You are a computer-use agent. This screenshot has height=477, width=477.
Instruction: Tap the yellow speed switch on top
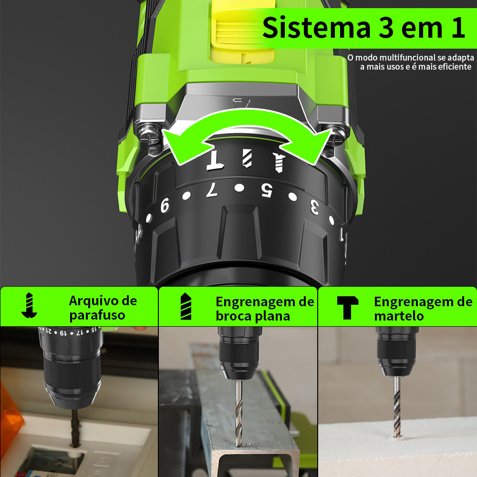(x=242, y=31)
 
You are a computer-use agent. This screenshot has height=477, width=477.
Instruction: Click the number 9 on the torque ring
(x=165, y=205)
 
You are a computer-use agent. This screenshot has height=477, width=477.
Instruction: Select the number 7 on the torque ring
(x=212, y=189)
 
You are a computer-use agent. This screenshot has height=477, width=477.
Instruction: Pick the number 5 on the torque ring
(x=267, y=190)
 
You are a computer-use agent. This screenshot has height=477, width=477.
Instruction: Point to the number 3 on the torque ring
(x=314, y=207)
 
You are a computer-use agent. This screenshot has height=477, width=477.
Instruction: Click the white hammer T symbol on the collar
(x=216, y=160)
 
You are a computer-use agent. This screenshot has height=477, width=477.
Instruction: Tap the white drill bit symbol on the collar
(x=247, y=158)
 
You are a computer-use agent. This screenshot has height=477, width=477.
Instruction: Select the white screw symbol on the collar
(x=279, y=162)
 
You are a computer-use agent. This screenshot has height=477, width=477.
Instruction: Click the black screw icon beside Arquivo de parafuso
(x=29, y=306)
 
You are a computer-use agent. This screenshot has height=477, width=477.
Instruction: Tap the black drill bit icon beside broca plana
(x=186, y=306)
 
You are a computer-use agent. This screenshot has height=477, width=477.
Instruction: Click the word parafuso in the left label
(x=97, y=316)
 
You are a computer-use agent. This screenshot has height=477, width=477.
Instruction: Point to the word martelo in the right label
(x=399, y=316)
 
